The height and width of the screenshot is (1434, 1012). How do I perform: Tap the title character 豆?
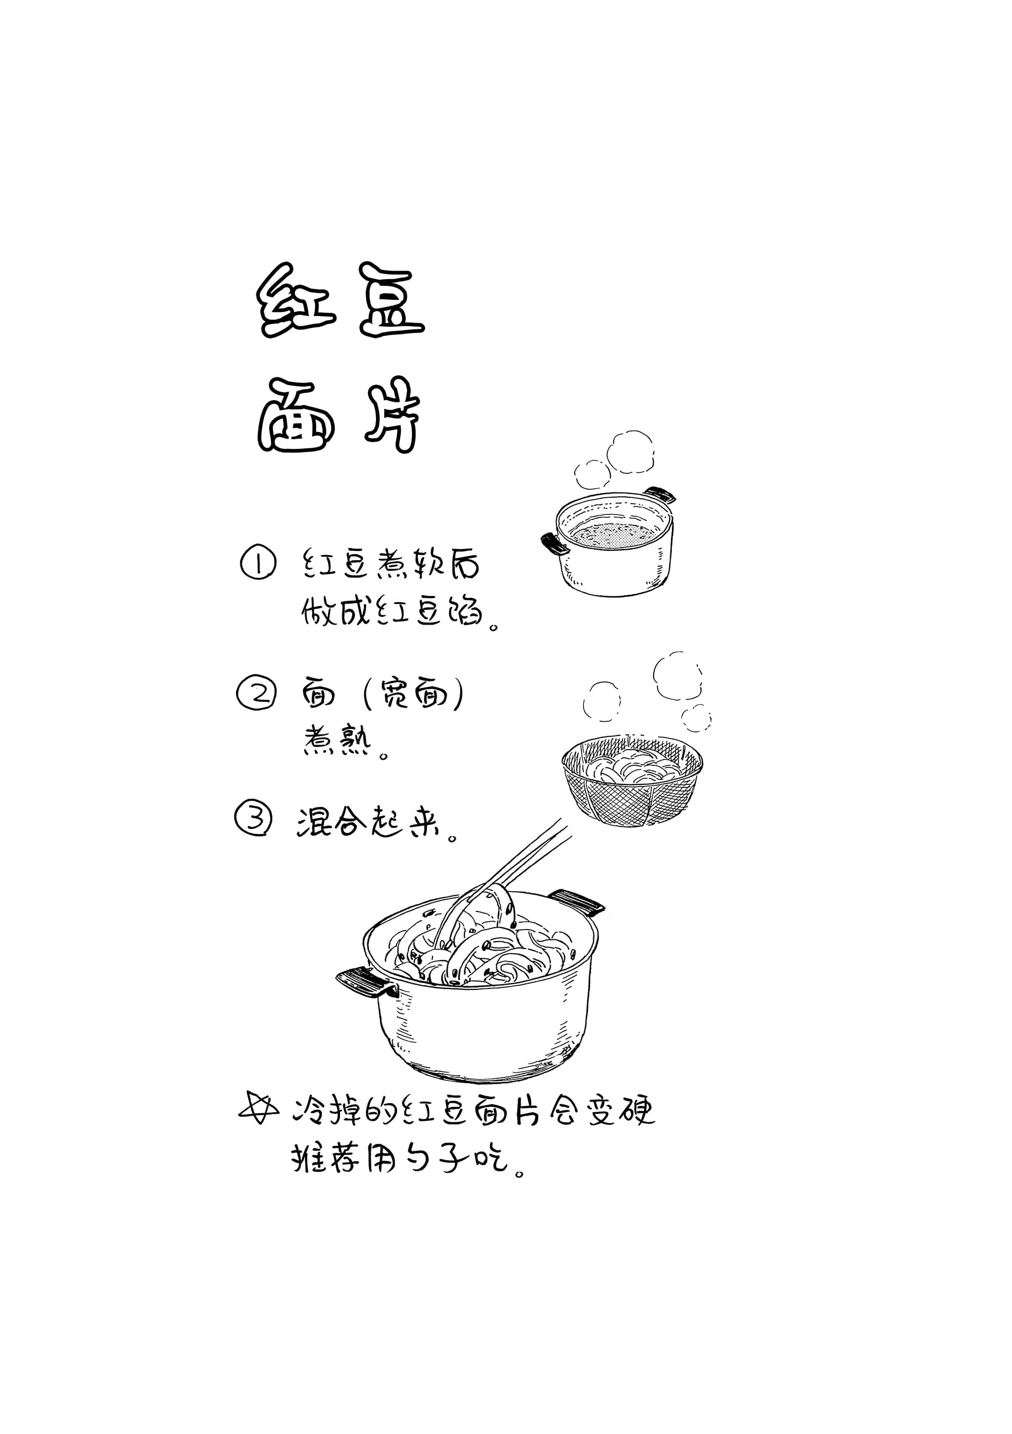(391, 300)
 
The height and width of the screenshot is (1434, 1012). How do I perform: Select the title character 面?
(296, 415)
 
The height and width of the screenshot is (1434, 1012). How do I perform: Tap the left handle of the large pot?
(366, 981)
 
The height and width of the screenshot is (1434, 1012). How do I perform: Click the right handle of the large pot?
(575, 902)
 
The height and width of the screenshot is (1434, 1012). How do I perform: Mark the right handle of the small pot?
(660, 495)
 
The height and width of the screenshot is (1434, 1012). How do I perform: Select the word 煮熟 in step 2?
(338, 740)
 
